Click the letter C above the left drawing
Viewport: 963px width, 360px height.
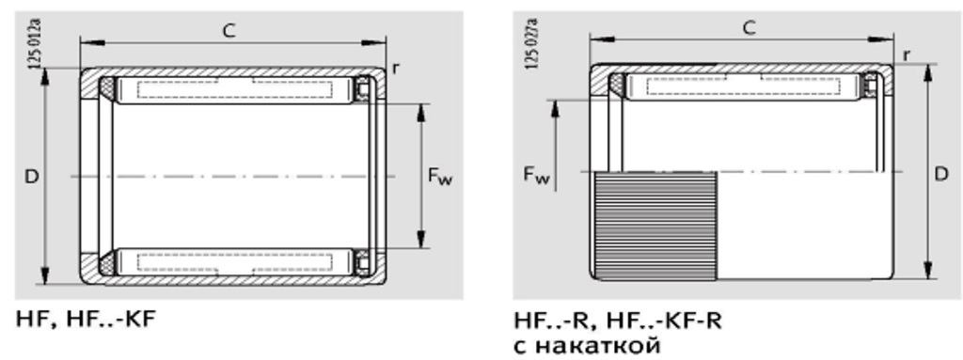point(229,30)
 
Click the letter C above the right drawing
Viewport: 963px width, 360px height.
point(749,27)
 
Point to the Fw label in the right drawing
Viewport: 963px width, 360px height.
point(536,175)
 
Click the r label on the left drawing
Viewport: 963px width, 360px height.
point(395,69)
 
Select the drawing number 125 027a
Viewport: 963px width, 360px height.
point(532,42)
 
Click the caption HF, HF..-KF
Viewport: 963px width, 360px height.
point(86,320)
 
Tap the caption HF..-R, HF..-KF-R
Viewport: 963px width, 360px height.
point(618,321)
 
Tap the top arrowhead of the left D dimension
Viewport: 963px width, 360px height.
point(44,74)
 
